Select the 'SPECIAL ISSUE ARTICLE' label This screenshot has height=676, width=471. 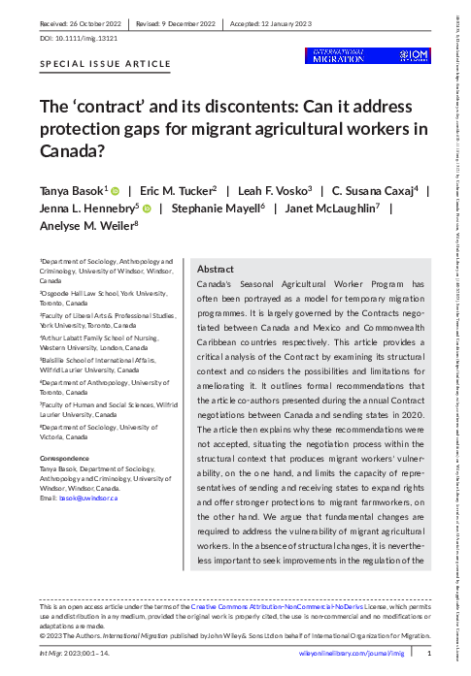(x=105, y=64)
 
